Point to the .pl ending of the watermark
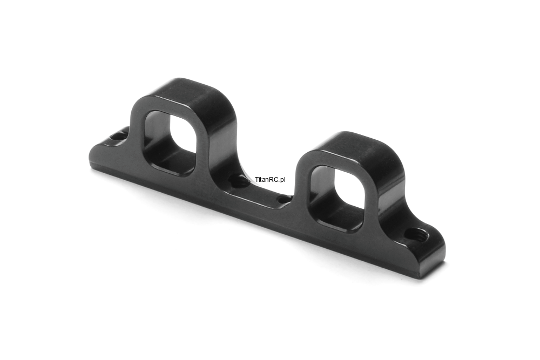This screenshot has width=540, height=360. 282,180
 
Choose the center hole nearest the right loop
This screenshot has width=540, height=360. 283,199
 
